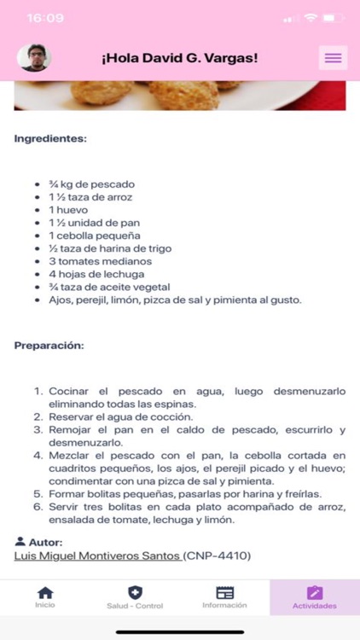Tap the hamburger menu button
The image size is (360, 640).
pyautogui.click(x=333, y=57)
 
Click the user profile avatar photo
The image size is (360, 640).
pyautogui.click(x=34, y=57)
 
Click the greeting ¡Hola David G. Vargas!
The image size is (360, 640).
pyautogui.click(x=179, y=58)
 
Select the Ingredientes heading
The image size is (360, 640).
pyautogui.click(x=50, y=137)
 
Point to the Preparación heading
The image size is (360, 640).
pyautogui.click(x=49, y=346)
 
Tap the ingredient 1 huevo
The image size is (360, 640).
pyautogui.click(x=68, y=210)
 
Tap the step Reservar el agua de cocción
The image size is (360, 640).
pyautogui.click(x=120, y=417)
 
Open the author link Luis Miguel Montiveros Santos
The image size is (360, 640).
pyautogui.click(x=97, y=556)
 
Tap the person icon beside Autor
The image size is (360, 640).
pyautogui.click(x=20, y=542)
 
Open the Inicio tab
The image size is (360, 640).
pyautogui.click(x=45, y=597)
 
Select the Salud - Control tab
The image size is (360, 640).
pyautogui.click(x=135, y=597)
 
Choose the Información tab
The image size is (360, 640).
pyautogui.click(x=224, y=597)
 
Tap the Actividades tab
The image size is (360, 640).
pyautogui.click(x=315, y=597)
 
